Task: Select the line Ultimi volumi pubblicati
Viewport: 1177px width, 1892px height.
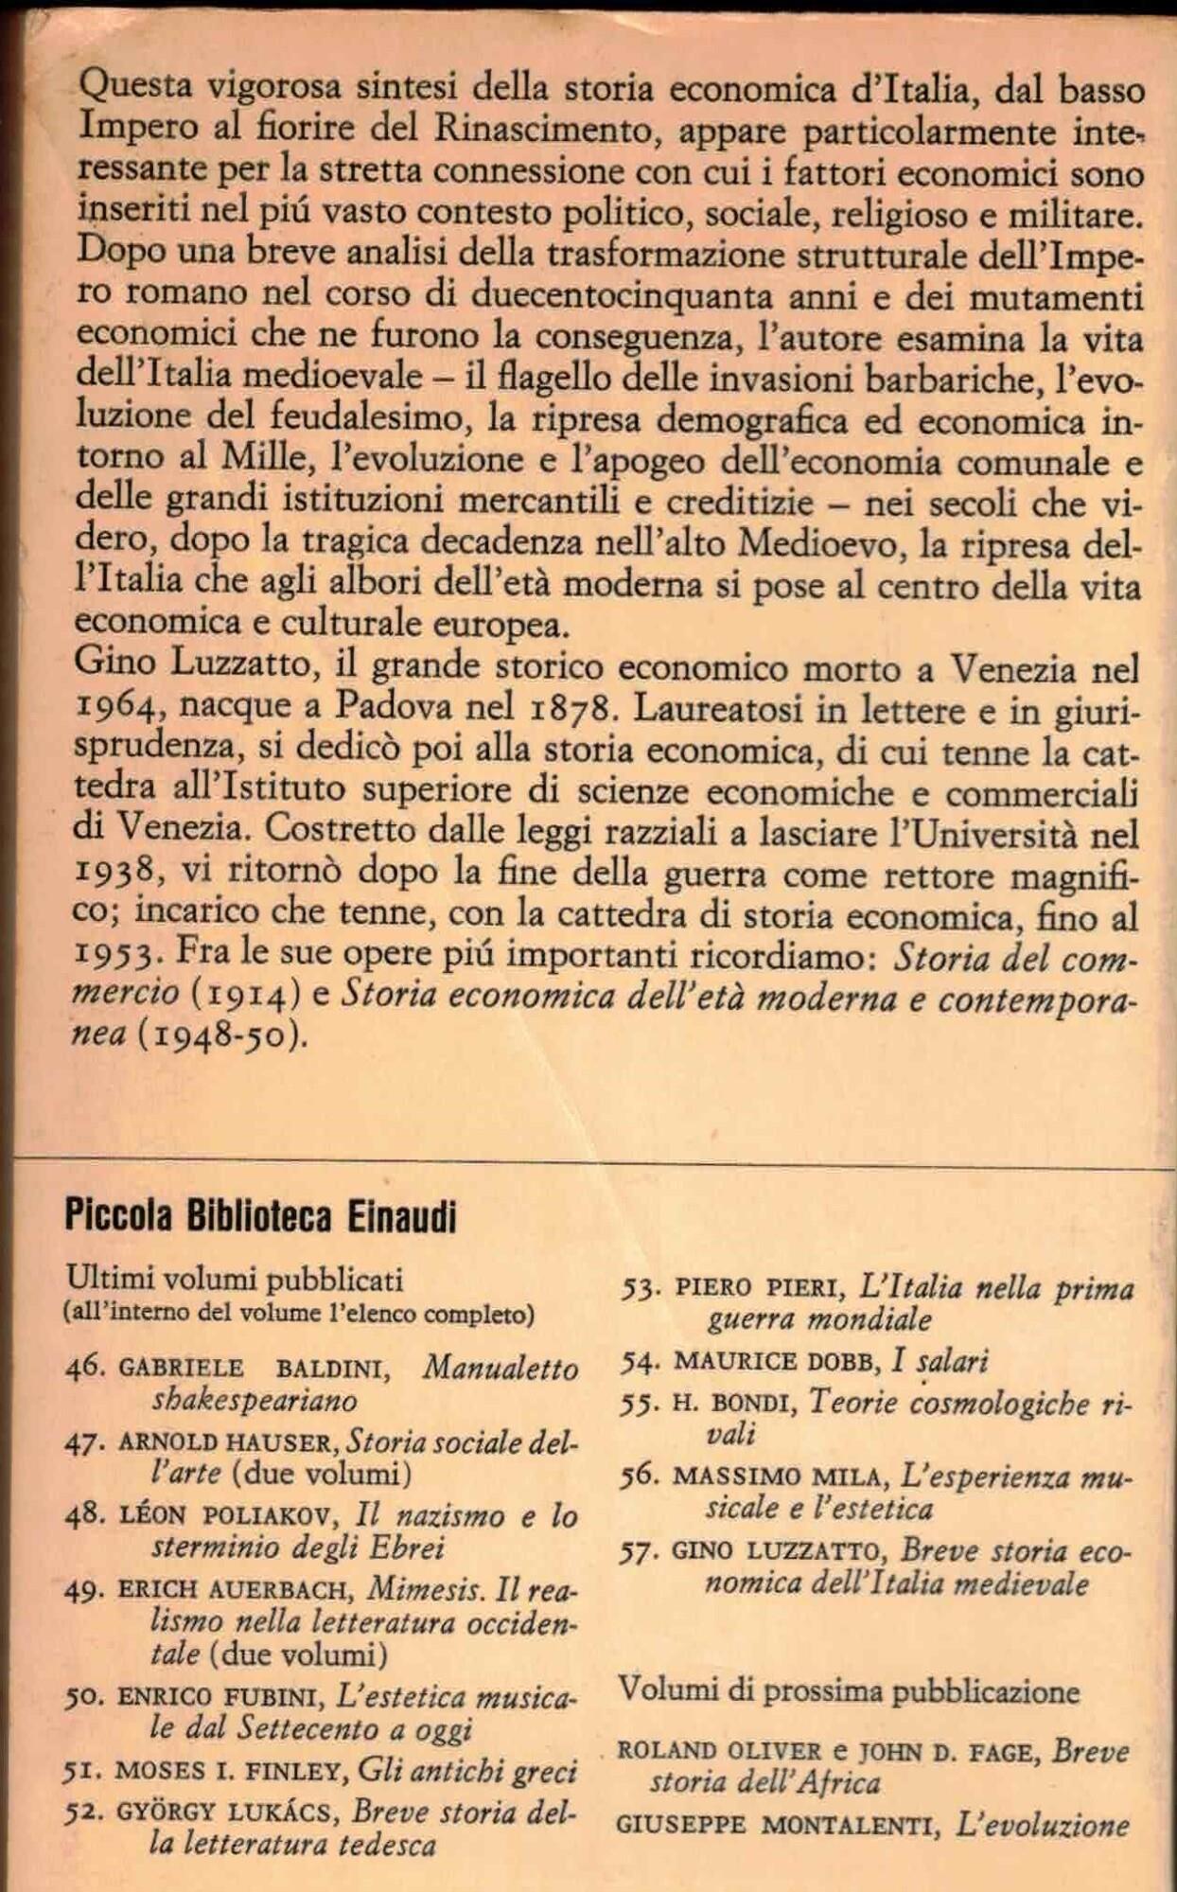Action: pos(235,1280)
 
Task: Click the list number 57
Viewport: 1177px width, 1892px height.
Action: pos(641,1551)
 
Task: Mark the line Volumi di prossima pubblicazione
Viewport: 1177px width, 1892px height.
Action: pos(848,1690)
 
